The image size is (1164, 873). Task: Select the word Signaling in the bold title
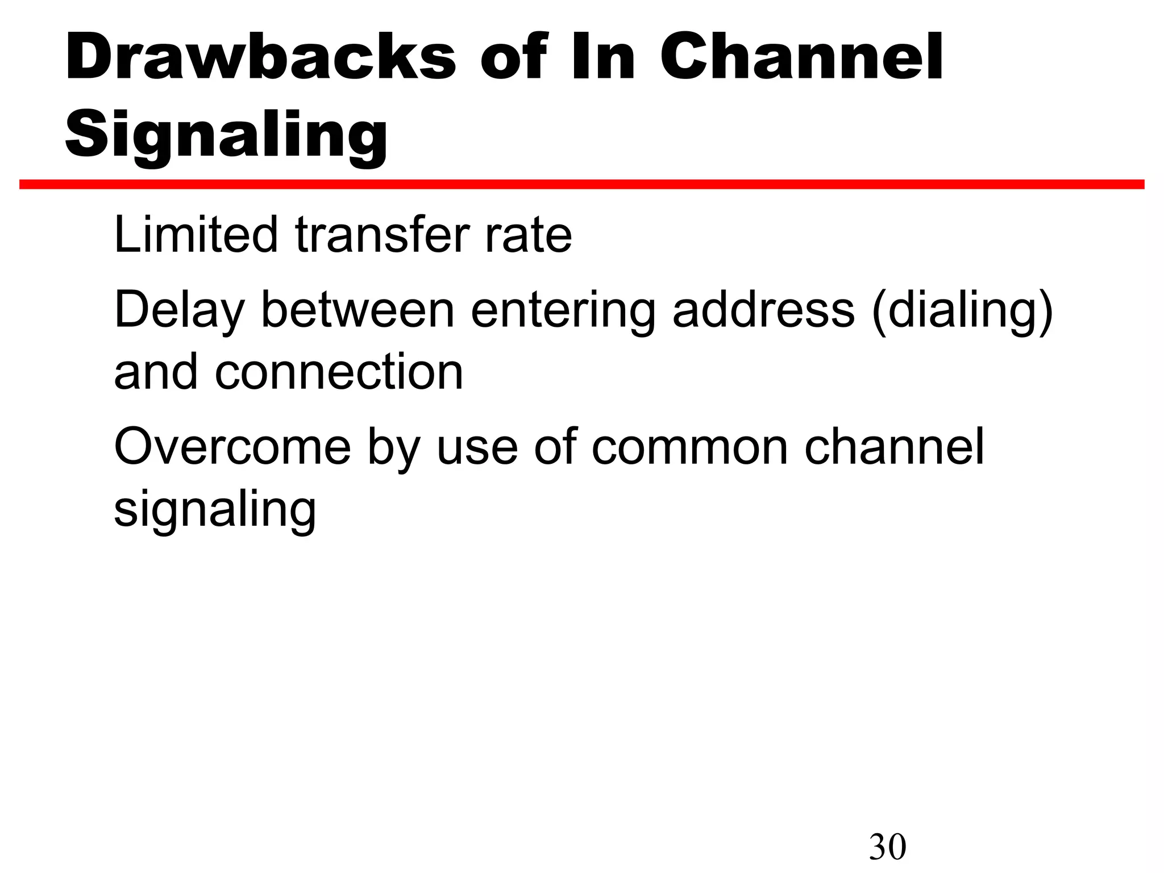pyautogui.click(x=226, y=135)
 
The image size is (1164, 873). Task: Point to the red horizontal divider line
pyautogui.click(x=582, y=184)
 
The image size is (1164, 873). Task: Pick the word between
pyautogui.click(x=357, y=310)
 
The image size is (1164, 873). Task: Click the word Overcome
pyautogui.click(x=232, y=448)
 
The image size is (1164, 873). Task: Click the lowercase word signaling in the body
pyautogui.click(x=215, y=510)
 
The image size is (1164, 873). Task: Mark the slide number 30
pyautogui.click(x=887, y=847)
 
